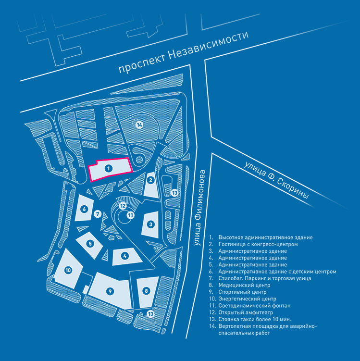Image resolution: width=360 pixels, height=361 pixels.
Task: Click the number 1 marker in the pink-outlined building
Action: [109, 168]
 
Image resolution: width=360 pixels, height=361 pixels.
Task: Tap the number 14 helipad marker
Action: [139, 125]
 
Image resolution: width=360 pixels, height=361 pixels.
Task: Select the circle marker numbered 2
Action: [150, 181]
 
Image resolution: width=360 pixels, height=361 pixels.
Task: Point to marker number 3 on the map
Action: [150, 224]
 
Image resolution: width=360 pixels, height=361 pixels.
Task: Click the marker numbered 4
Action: [124, 256]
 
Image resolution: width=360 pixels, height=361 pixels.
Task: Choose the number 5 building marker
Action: [90, 244]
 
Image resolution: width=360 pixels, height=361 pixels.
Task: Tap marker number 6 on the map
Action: [84, 209]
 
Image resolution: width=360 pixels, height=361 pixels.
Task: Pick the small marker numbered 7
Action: [98, 213]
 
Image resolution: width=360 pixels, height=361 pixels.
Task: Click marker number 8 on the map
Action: [146, 290]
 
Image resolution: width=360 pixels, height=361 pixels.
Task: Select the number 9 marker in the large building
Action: [110, 291]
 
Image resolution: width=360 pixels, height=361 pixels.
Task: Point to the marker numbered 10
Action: [68, 270]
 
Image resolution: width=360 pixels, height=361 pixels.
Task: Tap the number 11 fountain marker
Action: [130, 215]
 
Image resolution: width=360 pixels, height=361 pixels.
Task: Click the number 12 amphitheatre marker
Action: [123, 206]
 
